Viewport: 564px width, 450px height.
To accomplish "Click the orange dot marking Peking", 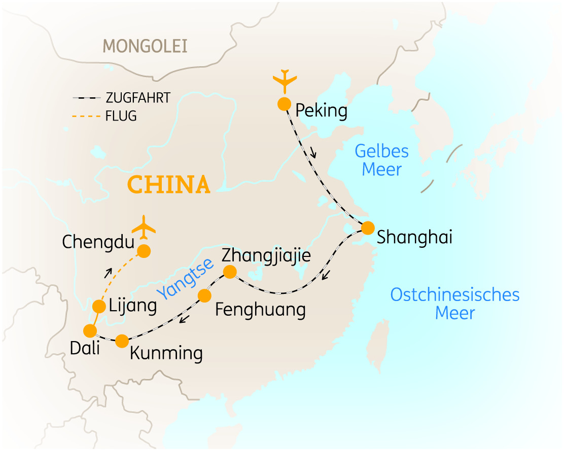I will tap(284, 104).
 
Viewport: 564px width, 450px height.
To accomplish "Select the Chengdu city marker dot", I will tap(145, 251).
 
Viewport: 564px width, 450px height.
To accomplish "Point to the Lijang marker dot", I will tap(99, 306).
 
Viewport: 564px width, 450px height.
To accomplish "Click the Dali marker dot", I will tap(90, 331).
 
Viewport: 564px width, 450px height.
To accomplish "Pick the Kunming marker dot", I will tap(122, 341).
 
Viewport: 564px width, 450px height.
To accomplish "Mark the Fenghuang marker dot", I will tap(204, 295).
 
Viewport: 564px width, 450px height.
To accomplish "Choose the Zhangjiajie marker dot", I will tap(230, 272).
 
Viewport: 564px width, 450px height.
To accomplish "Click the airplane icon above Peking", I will tap(284, 80).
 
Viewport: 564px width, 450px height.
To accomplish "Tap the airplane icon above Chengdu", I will tap(145, 226).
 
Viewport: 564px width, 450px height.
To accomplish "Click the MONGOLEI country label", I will tap(145, 47).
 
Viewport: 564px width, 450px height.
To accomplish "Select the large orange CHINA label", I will tap(169, 184).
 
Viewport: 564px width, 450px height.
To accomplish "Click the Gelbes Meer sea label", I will tap(382, 160).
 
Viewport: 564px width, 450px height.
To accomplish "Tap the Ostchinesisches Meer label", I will tap(455, 304).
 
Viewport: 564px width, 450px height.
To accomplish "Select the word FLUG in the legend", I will tap(121, 116).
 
